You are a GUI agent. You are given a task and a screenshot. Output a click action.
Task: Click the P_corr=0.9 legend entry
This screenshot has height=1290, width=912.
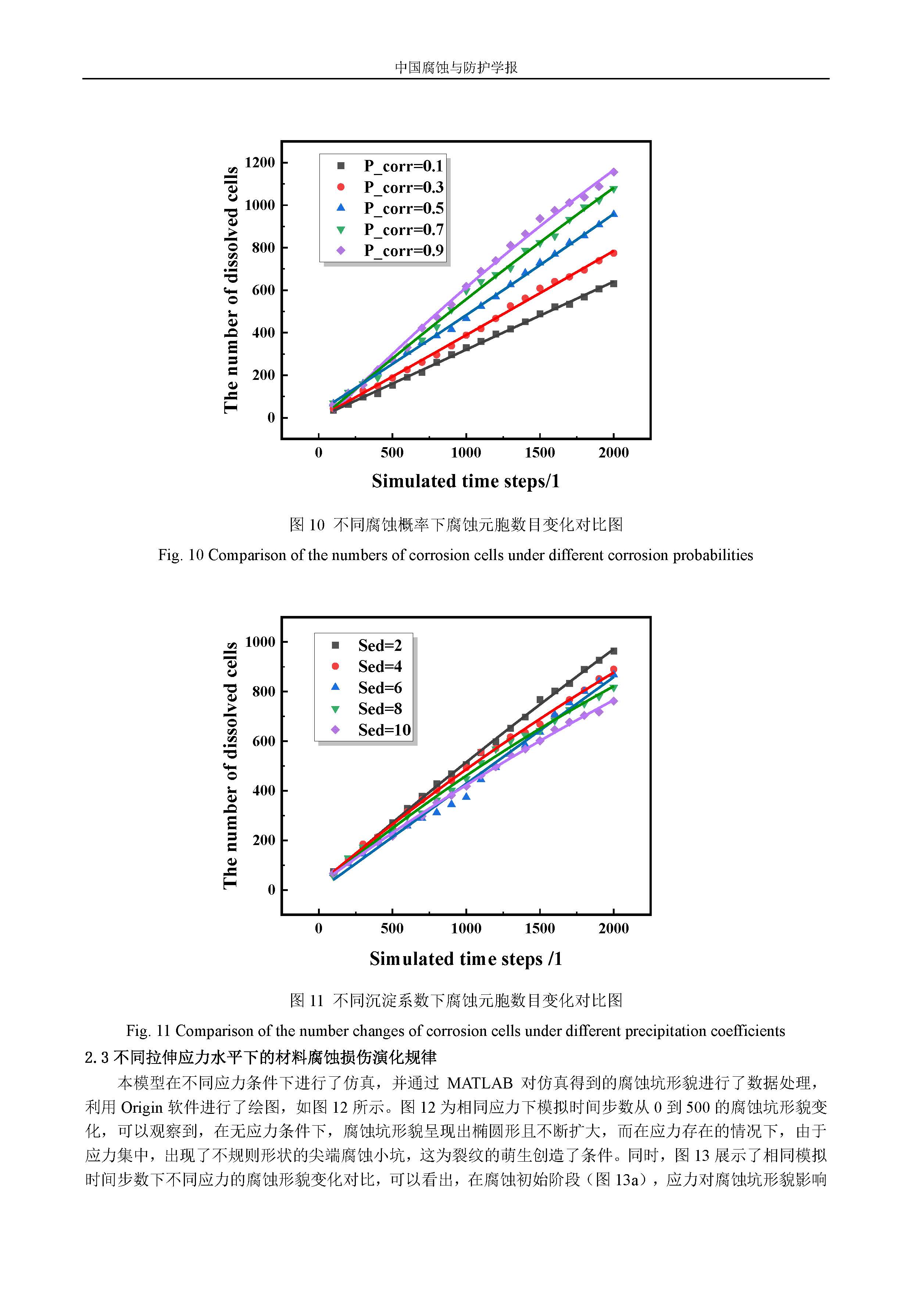(x=403, y=250)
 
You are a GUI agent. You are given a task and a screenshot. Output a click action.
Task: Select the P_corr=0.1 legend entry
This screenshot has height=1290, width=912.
(x=403, y=166)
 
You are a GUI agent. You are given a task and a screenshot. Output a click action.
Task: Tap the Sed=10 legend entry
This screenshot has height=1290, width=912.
(x=384, y=730)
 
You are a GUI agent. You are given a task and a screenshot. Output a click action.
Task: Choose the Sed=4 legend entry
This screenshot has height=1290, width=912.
(x=380, y=666)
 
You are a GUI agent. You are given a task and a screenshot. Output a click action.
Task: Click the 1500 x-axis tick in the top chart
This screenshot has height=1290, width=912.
(x=540, y=452)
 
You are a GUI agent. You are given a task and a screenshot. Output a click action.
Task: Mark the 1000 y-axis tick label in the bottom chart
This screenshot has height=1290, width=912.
(x=260, y=642)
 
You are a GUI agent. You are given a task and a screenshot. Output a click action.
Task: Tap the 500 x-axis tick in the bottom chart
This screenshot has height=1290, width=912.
(x=392, y=928)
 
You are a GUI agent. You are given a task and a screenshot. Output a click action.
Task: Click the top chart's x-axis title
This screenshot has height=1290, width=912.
(x=465, y=481)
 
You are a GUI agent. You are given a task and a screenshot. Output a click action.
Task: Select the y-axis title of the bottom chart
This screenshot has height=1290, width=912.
(x=230, y=765)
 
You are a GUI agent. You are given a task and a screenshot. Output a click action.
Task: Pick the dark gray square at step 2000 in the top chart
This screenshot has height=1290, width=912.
(x=614, y=284)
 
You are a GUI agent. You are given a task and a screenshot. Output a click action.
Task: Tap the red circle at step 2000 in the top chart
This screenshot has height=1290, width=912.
(x=614, y=253)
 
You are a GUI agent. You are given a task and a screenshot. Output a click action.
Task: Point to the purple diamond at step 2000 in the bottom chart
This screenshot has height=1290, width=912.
(x=614, y=701)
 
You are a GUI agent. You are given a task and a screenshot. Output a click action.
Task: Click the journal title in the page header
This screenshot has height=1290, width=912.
(x=456, y=67)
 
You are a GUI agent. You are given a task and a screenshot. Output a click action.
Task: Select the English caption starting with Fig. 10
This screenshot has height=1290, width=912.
(x=455, y=555)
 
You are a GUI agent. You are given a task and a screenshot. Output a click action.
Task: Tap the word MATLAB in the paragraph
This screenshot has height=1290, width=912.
(x=480, y=1083)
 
